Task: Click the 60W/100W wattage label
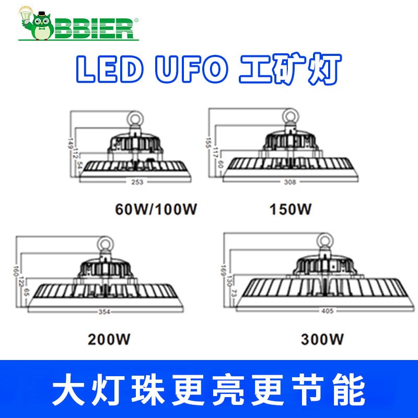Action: pyautogui.click(x=156, y=210)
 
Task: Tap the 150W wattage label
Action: pyautogui.click(x=291, y=210)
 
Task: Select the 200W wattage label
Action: pyautogui.click(x=109, y=339)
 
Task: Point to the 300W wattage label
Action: pyautogui.click(x=323, y=340)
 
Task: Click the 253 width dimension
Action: pyautogui.click(x=137, y=182)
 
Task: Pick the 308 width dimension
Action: pyautogui.click(x=289, y=182)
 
